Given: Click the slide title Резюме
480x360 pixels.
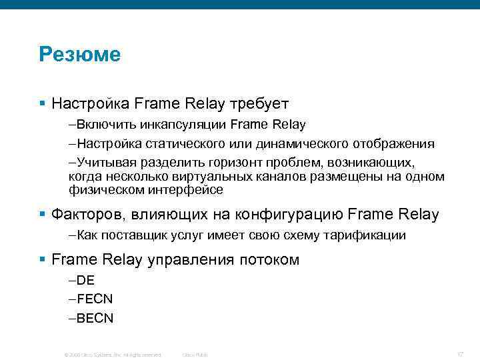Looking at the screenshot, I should (x=80, y=54).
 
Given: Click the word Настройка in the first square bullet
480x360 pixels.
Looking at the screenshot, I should (x=90, y=104).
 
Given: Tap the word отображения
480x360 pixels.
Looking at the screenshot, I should (x=395, y=144).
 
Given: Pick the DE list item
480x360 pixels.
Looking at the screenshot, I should (x=85, y=281).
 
